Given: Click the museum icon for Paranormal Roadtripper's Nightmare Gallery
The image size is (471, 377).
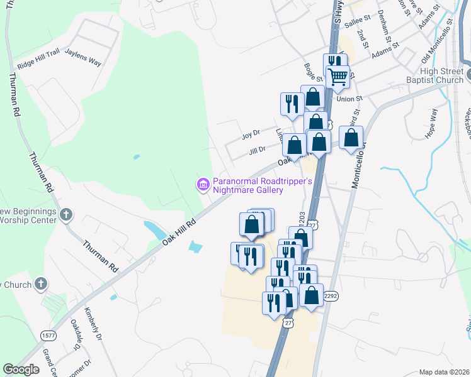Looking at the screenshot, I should click(203, 185).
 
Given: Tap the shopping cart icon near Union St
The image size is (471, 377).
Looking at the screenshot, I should click(338, 77).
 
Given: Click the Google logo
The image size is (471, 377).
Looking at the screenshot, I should click(21, 369).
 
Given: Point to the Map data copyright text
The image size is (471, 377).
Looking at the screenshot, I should click(443, 372).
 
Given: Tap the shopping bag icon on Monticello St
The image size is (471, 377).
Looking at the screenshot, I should click(351, 137).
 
